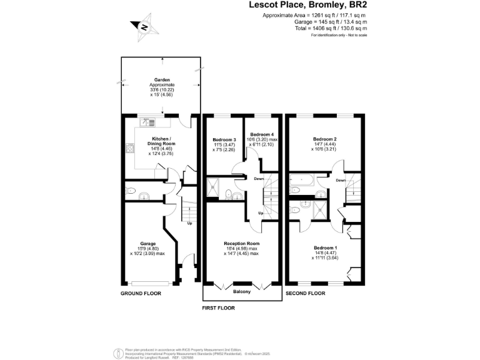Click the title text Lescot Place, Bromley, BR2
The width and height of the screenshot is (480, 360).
[307, 5]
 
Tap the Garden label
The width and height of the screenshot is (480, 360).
[162, 79]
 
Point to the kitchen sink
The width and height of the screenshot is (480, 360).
[148, 122]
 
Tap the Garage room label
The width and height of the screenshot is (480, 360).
[147, 244]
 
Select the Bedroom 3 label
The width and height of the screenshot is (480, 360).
[224, 139]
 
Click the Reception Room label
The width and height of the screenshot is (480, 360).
[241, 244]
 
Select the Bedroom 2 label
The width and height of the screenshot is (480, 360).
[325, 139]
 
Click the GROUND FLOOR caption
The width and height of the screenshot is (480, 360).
[141, 293]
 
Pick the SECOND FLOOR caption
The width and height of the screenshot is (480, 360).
[306, 293]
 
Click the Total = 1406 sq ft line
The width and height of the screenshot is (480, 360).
[331, 28]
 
